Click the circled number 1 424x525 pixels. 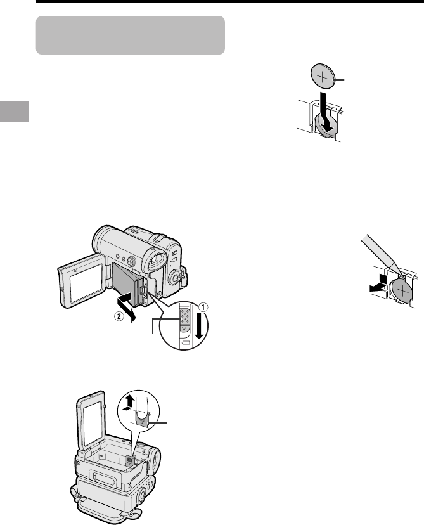click(203, 306)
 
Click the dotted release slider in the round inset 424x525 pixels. click(184, 316)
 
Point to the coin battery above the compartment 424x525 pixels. click(323, 75)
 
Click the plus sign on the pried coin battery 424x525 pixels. click(403, 290)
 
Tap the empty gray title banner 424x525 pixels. click(130, 35)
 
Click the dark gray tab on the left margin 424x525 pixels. click(14, 111)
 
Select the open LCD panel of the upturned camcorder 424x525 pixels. click(91, 420)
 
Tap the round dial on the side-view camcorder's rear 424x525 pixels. click(174, 277)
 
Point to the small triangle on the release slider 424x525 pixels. click(184, 328)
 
